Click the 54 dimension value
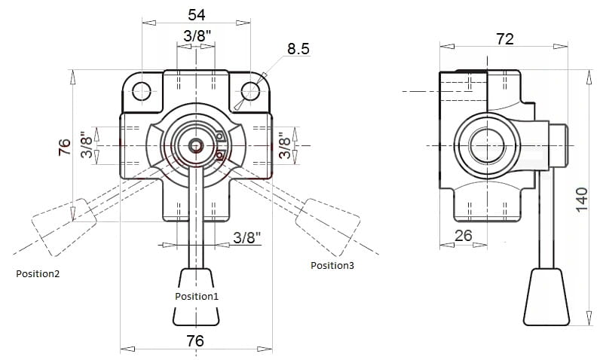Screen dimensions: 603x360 pyautogui.click(x=197, y=14)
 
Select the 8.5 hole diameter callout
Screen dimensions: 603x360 pyautogui.click(x=298, y=49)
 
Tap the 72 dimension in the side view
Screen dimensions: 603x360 pyautogui.click(x=504, y=39)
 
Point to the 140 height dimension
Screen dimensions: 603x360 pyautogui.click(x=582, y=199)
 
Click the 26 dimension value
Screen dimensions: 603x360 pyautogui.click(x=463, y=236)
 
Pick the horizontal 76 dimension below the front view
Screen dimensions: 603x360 pyautogui.click(x=195, y=340)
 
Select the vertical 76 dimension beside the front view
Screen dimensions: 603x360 pyautogui.click(x=65, y=147)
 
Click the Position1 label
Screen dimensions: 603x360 pyautogui.click(x=197, y=296)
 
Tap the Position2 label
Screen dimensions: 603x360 pyautogui.click(x=38, y=274)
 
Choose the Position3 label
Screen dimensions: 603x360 pyautogui.click(x=332, y=266)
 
